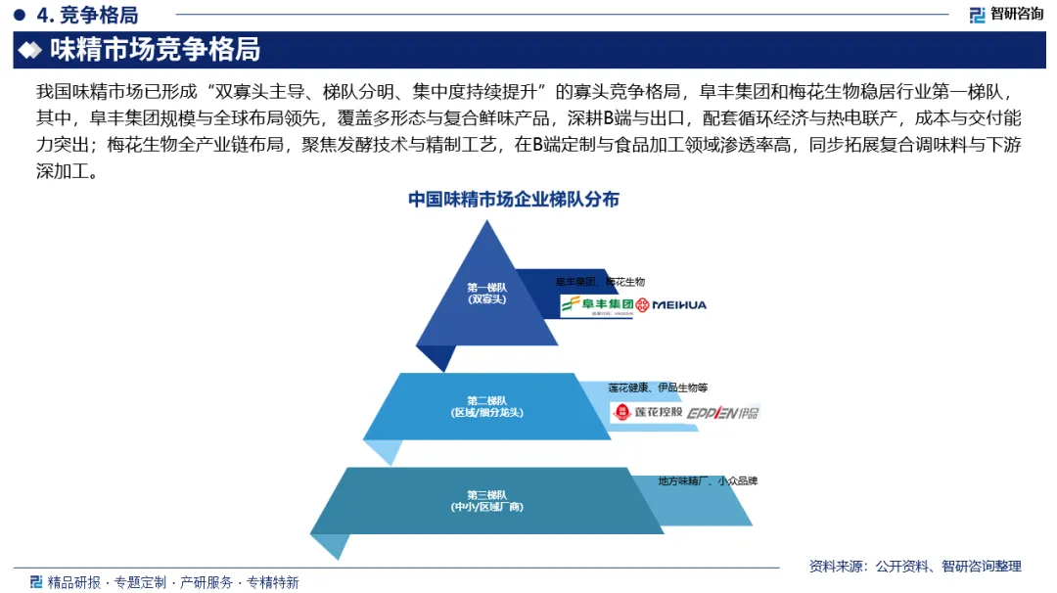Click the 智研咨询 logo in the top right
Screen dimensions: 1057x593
click(x=1005, y=14)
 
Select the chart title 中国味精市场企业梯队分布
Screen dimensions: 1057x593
click(x=514, y=200)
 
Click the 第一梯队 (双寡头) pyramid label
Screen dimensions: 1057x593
click(x=486, y=294)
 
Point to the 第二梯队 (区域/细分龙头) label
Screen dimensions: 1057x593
click(x=486, y=406)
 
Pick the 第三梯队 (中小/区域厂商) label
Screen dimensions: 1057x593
click(x=486, y=501)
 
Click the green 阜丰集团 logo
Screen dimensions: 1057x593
click(x=596, y=305)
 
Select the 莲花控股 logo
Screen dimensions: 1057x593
click(x=647, y=413)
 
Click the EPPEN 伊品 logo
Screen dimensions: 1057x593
click(x=723, y=413)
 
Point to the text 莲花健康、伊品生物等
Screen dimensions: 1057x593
click(x=658, y=388)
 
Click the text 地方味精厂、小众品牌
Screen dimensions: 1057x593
click(x=708, y=481)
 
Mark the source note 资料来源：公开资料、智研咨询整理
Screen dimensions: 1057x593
click(x=915, y=566)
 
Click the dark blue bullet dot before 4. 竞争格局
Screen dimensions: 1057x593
click(x=19, y=15)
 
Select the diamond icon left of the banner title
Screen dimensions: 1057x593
click(x=31, y=50)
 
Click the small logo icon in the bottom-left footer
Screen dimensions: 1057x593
click(x=36, y=582)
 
